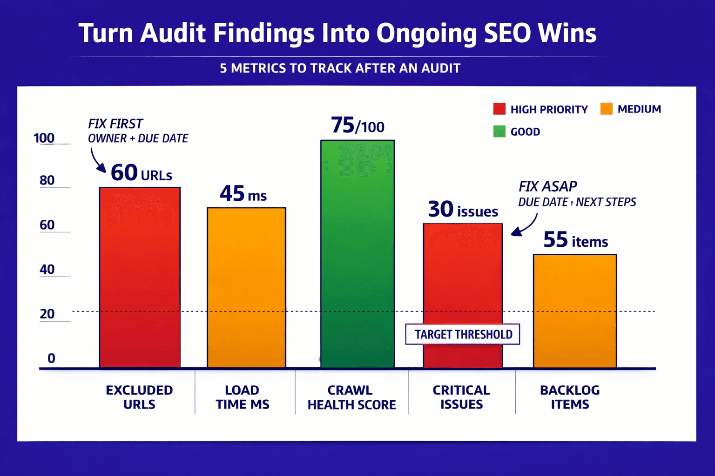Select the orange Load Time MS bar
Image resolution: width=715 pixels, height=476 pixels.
[x=246, y=288]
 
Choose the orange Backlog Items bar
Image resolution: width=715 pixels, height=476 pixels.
[x=575, y=311]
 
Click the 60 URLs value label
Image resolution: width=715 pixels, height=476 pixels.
[x=141, y=173]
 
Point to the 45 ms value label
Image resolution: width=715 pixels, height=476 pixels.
[x=243, y=194]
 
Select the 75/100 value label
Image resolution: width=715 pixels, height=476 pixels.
[x=357, y=126]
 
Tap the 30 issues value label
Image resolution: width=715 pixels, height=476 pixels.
[x=463, y=210]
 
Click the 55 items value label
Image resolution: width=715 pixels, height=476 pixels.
[x=575, y=240]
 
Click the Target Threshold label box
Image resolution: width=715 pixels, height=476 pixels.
[x=463, y=334]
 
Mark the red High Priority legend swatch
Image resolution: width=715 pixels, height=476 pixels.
[x=499, y=109]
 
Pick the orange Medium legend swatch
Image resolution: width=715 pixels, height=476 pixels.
[x=606, y=109]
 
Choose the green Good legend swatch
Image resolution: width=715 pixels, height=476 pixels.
[x=499, y=132]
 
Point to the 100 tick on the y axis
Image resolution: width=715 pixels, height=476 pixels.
[x=44, y=138]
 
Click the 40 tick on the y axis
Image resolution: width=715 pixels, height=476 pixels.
[x=47, y=270]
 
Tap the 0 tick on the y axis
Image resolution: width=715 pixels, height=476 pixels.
[x=51, y=358]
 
